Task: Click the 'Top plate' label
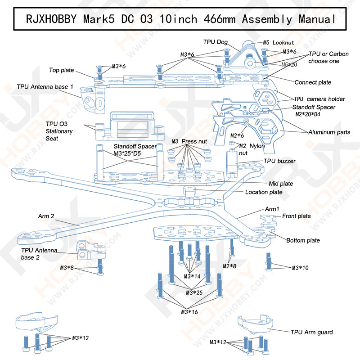tap(62, 70)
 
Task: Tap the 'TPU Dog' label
tap(216, 41)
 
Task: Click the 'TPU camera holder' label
tap(319, 99)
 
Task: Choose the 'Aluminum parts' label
tap(329, 132)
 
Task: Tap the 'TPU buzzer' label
tap(279, 161)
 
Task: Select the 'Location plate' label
tap(264, 192)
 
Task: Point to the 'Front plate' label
tap(296, 216)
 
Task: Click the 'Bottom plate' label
tap(303, 240)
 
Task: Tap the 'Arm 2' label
tap(46, 216)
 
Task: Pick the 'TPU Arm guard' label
tap(311, 332)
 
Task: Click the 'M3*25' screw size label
tap(194, 293)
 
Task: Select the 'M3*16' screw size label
tap(189, 312)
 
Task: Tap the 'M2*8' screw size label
tap(229, 266)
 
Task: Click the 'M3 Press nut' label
tap(189, 141)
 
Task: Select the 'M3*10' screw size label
tap(300, 268)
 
